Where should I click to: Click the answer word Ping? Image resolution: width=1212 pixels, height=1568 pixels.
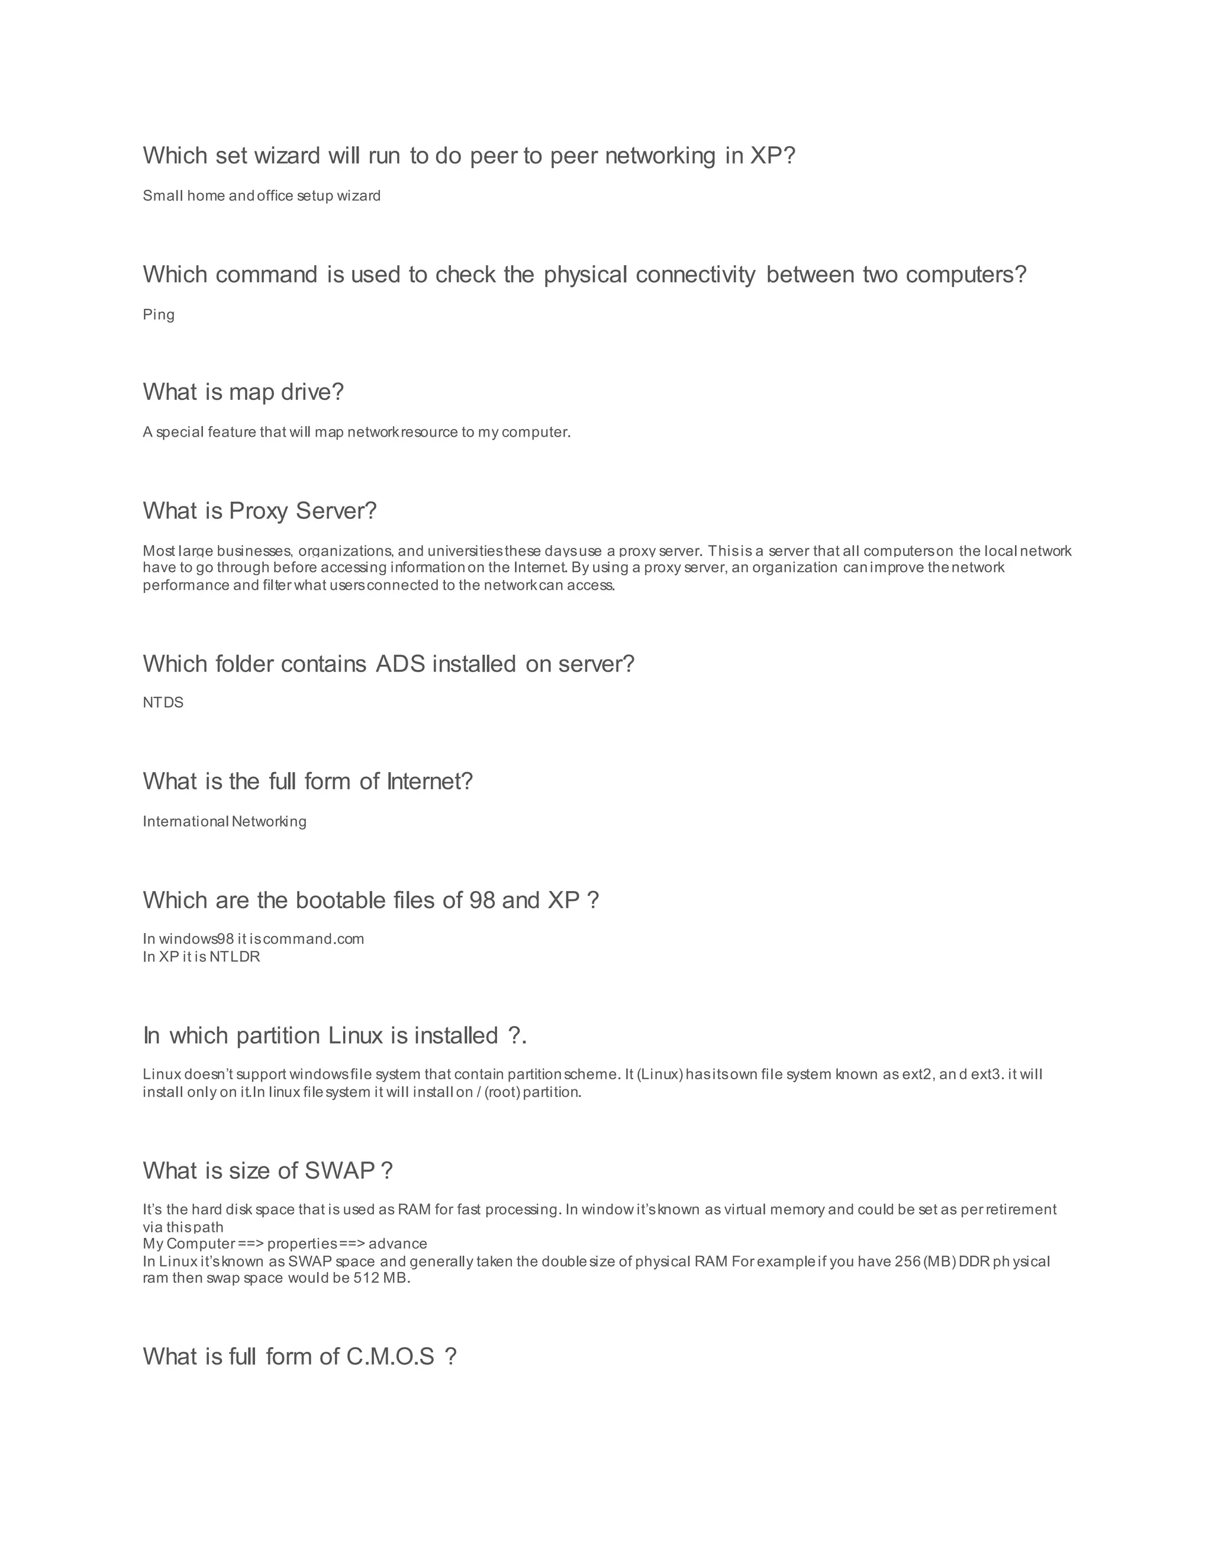(159, 314)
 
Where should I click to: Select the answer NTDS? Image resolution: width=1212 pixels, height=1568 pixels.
(163, 702)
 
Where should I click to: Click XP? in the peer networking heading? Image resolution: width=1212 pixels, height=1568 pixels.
(772, 155)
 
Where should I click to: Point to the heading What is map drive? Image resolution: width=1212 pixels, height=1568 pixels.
(243, 392)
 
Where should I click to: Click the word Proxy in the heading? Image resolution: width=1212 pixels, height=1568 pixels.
(259, 511)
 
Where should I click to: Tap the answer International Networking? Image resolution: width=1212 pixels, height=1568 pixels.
(224, 821)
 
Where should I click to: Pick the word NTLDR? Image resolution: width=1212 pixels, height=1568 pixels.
(235, 957)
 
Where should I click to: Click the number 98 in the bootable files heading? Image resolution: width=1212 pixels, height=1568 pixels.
(482, 901)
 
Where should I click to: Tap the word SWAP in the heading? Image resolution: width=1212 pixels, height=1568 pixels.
(340, 1170)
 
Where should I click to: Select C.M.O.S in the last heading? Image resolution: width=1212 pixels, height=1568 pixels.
(391, 1356)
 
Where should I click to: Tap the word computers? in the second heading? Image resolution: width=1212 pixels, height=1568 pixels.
(966, 275)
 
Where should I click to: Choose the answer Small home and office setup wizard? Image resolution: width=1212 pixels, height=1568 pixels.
(262, 196)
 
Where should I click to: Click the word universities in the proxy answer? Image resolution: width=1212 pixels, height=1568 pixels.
(464, 551)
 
